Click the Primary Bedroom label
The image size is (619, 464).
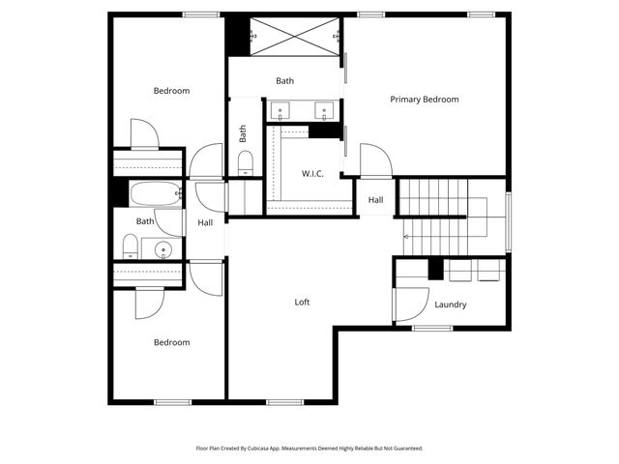pyautogui.click(x=424, y=100)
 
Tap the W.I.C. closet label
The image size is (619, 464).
pyautogui.click(x=312, y=174)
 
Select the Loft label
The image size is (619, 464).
pyautogui.click(x=303, y=303)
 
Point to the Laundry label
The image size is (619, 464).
pyautogui.click(x=451, y=304)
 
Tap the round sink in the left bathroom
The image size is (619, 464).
pyautogui.click(x=163, y=249)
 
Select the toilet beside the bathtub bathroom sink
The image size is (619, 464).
pyautogui.click(x=130, y=246)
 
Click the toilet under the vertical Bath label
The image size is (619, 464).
pyautogui.click(x=245, y=160)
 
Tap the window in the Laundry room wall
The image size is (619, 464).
pyautogui.click(x=432, y=329)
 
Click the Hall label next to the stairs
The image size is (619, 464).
pyautogui.click(x=375, y=200)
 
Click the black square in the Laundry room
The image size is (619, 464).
pyautogui.click(x=435, y=270)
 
